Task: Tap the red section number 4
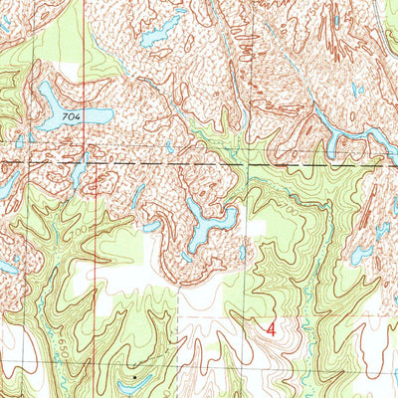pyautogui.click(x=272, y=325)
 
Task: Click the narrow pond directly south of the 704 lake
pyautogui.click(x=77, y=171)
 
